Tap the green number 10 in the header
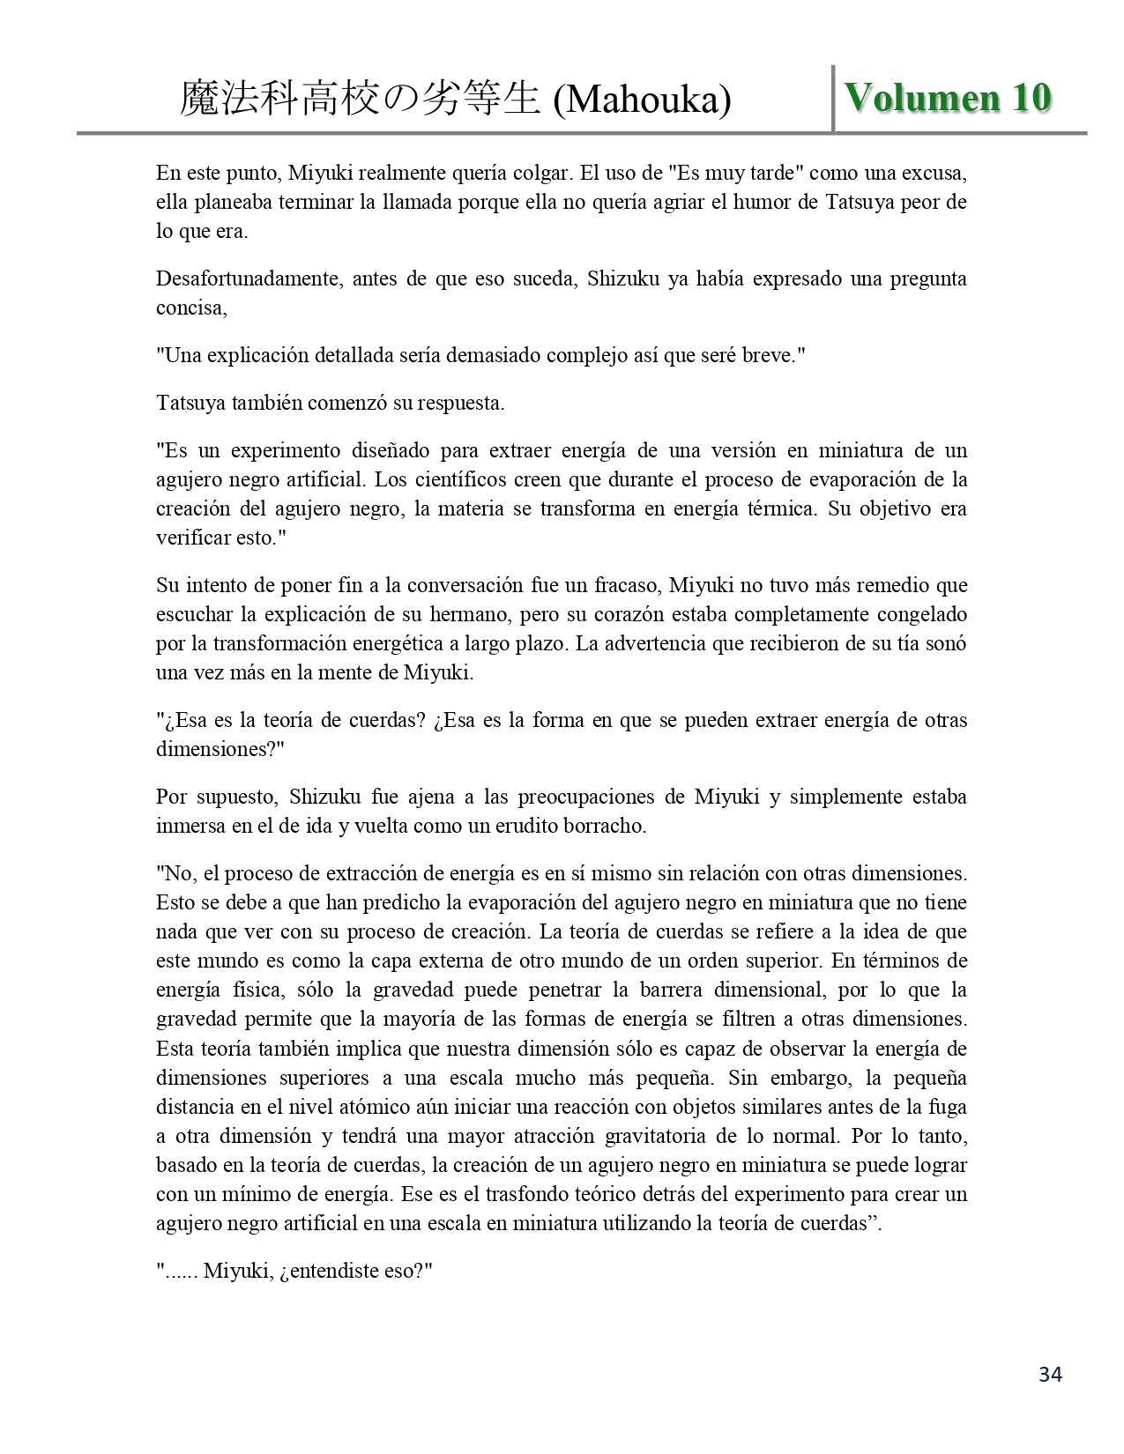pyautogui.click(x=1031, y=99)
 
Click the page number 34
pyautogui.click(x=1050, y=1375)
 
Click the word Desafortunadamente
pyautogui.click(x=253, y=279)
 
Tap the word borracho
pyautogui.click(x=608, y=827)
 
